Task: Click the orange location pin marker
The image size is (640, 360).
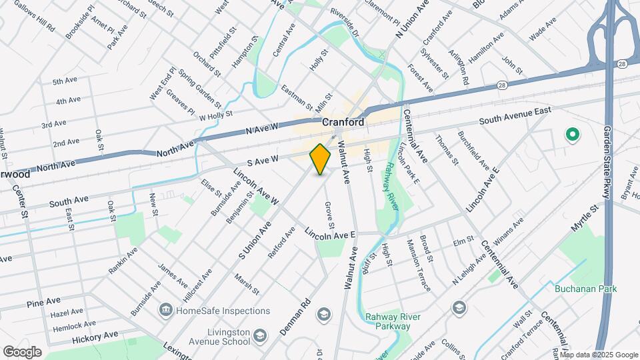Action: (321, 159)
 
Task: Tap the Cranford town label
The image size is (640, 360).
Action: (343, 123)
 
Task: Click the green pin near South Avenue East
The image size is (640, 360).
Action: (571, 135)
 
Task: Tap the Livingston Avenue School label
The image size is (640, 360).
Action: (218, 337)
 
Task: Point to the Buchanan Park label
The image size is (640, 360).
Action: (585, 289)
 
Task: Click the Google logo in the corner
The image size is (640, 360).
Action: (22, 351)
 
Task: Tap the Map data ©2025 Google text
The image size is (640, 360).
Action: (598, 354)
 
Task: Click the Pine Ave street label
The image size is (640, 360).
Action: (44, 303)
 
